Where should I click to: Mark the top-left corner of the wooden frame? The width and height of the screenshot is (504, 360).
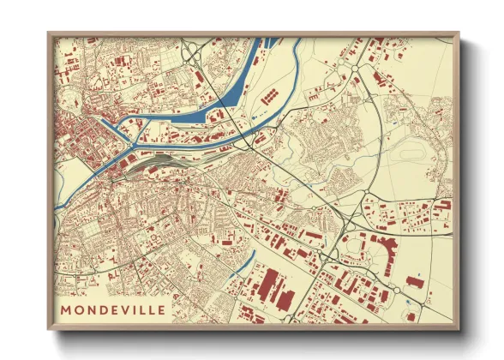[x=49, y=34]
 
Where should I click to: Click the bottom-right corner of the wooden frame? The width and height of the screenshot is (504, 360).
[x=458, y=328]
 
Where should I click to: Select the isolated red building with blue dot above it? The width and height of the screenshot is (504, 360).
[x=416, y=280]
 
